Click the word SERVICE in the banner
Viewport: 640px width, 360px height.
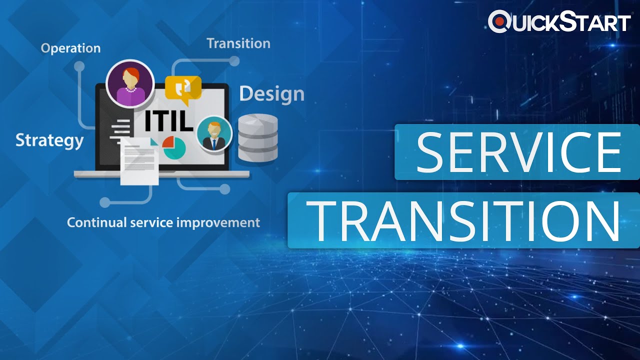(x=517, y=152)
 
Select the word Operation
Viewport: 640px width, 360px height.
(x=70, y=48)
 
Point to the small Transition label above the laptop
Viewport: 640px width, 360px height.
(x=238, y=43)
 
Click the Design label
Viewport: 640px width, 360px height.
(x=271, y=94)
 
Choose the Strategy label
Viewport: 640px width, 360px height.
(x=49, y=140)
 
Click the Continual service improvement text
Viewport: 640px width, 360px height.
(x=163, y=222)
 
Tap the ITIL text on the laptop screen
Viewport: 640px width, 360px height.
(x=168, y=121)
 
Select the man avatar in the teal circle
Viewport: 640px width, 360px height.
(x=214, y=133)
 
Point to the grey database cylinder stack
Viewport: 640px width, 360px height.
(x=257, y=138)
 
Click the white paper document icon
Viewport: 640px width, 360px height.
(x=140, y=161)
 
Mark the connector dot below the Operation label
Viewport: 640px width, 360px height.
(x=79, y=66)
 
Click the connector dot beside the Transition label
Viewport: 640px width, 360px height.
(x=234, y=61)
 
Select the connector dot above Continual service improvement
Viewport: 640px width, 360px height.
(x=104, y=202)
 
